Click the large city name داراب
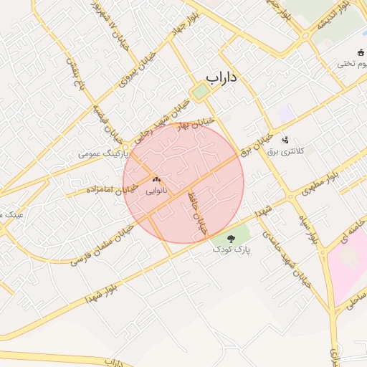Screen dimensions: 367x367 click(221, 77)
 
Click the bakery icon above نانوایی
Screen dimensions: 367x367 click(156, 179)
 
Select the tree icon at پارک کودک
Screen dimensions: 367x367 click(231, 238)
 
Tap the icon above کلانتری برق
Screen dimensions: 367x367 click(285, 140)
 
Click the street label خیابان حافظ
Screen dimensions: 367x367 click(196, 213)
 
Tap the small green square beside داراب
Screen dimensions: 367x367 click(200, 92)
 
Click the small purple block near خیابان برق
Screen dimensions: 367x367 click(286, 113)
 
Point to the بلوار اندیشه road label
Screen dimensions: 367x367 click(334, 18)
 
